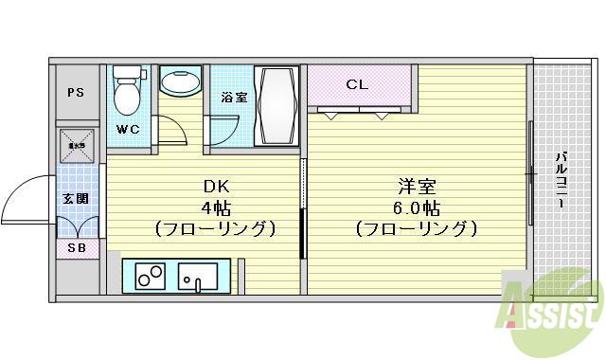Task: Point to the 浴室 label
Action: [x=234, y=97]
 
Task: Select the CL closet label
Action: [x=356, y=84]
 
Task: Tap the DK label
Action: [x=214, y=187]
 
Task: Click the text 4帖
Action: [x=214, y=207]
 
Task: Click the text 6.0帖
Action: [x=415, y=207]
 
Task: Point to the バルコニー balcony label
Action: [x=561, y=181]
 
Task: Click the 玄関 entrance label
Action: [x=76, y=199]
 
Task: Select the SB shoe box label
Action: [x=76, y=248]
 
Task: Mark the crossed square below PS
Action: [x=77, y=146]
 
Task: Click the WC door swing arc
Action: [x=170, y=131]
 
